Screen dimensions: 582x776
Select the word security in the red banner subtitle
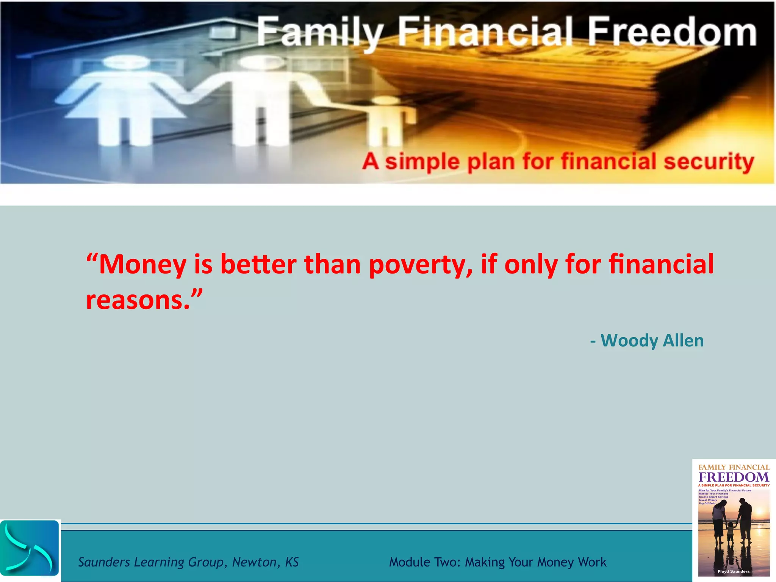pos(709,162)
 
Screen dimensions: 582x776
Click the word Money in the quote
pos(142,264)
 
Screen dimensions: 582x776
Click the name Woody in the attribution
pos(629,341)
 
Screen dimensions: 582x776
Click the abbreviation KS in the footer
pos(292,562)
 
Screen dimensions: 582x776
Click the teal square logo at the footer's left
pos(30,548)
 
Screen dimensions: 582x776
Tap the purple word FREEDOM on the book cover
pos(734,477)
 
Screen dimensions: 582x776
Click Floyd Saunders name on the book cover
pos(734,571)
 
